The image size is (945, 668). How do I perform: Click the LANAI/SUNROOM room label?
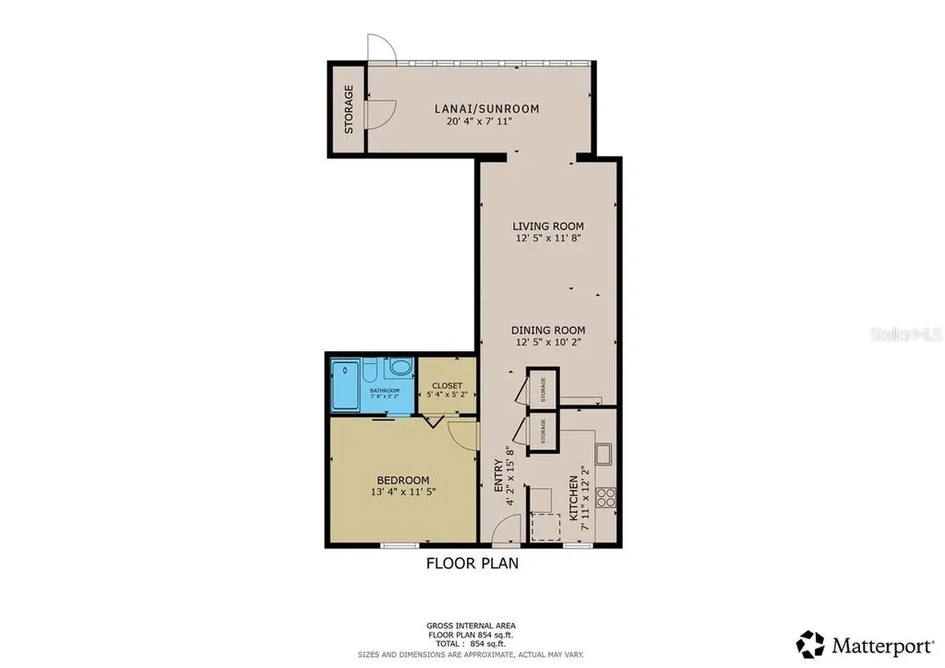click(486, 108)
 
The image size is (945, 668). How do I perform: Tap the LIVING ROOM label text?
click(549, 225)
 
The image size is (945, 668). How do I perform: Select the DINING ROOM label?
click(549, 330)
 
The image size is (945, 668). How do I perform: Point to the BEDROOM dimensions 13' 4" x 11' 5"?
click(402, 492)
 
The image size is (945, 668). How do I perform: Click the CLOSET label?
click(447, 385)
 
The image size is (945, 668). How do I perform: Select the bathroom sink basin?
click(401, 368)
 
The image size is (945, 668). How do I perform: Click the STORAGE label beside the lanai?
click(349, 109)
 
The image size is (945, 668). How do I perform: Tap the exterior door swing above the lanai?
click(379, 48)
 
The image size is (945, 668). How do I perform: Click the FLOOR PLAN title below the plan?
click(472, 563)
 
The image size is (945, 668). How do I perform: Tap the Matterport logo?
click(864, 643)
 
